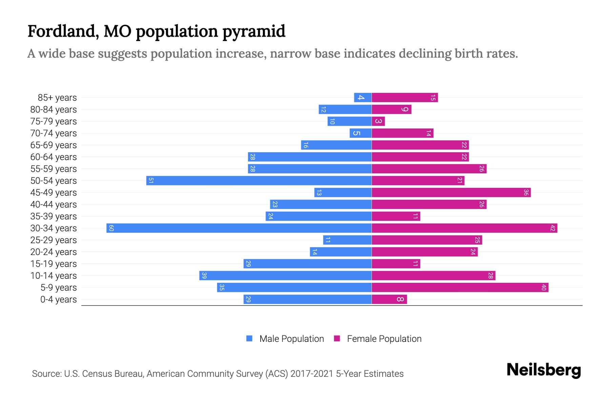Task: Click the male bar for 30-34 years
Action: [239, 228]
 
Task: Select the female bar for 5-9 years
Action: [460, 287]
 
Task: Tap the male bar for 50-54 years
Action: [259, 180]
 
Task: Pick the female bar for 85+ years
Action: [405, 97]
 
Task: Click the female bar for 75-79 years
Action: [378, 121]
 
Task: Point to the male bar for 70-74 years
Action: [361, 133]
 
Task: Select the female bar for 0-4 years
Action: [389, 299]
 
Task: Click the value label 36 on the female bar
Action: [526, 192]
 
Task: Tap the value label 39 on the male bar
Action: [204, 275]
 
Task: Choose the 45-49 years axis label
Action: [54, 192]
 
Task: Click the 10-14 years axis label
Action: [54, 275]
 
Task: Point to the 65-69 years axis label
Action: [54, 145]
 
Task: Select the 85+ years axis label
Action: [57, 97]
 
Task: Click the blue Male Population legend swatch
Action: [249, 338]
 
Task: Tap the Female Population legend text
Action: [384, 338]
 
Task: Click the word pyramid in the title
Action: [254, 31]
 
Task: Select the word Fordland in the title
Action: [63, 31]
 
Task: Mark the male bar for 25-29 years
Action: [347, 240]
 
